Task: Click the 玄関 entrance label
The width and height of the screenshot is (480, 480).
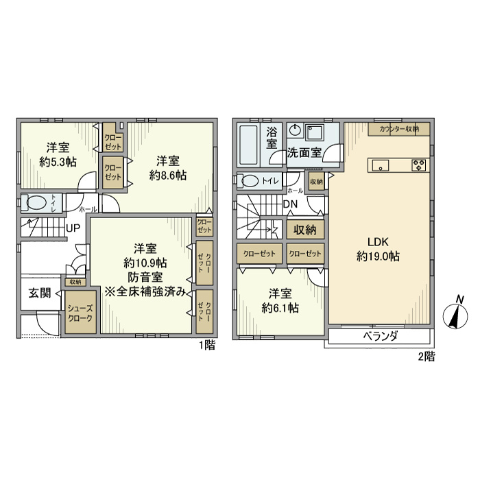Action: (x=39, y=293)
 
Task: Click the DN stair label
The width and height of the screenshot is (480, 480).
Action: (x=289, y=204)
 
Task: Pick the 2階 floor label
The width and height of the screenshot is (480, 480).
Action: (x=426, y=357)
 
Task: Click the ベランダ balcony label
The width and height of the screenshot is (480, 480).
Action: (x=380, y=337)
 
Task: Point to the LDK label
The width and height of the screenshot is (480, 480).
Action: (x=379, y=242)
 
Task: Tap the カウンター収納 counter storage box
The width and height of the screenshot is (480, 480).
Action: (x=399, y=128)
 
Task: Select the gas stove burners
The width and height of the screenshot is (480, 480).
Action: (x=418, y=165)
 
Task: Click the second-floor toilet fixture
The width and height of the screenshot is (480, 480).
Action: (x=251, y=181)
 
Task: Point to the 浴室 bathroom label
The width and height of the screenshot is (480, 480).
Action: (x=272, y=138)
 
